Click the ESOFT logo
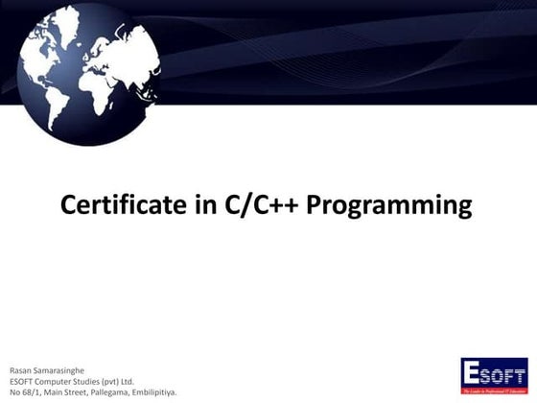(x=494, y=376)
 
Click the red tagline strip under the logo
(x=494, y=391)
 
